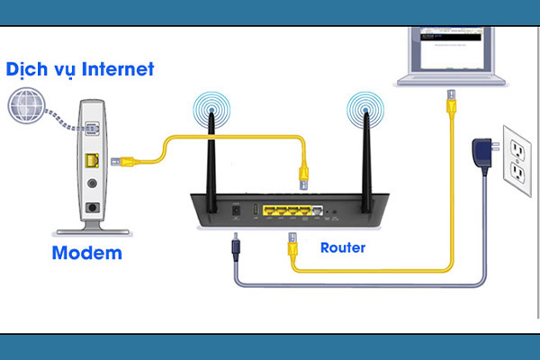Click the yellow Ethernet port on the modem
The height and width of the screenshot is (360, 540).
(91, 161)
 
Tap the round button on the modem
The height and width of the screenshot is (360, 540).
(91, 184)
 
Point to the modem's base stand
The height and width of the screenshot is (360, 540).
(89, 226)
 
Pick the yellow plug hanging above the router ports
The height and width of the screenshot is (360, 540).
(304, 175)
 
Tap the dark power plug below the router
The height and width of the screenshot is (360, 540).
(235, 245)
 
